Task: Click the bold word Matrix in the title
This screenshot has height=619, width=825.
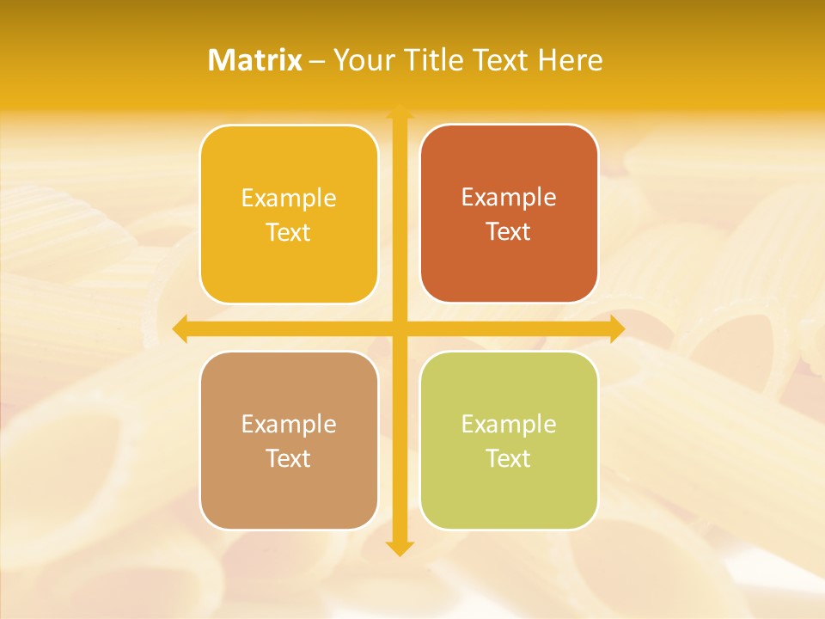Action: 255,60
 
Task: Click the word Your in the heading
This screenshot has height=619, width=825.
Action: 362,60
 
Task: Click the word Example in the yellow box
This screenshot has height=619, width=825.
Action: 289,199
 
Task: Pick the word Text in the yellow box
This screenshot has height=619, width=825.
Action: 289,233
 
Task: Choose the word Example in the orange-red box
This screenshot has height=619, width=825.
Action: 509,198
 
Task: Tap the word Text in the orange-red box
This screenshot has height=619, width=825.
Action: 509,232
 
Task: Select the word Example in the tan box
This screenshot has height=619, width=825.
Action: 289,425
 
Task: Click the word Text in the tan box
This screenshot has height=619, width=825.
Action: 289,459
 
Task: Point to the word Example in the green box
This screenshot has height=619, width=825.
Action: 509,425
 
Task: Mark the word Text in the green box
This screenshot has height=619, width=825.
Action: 509,459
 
